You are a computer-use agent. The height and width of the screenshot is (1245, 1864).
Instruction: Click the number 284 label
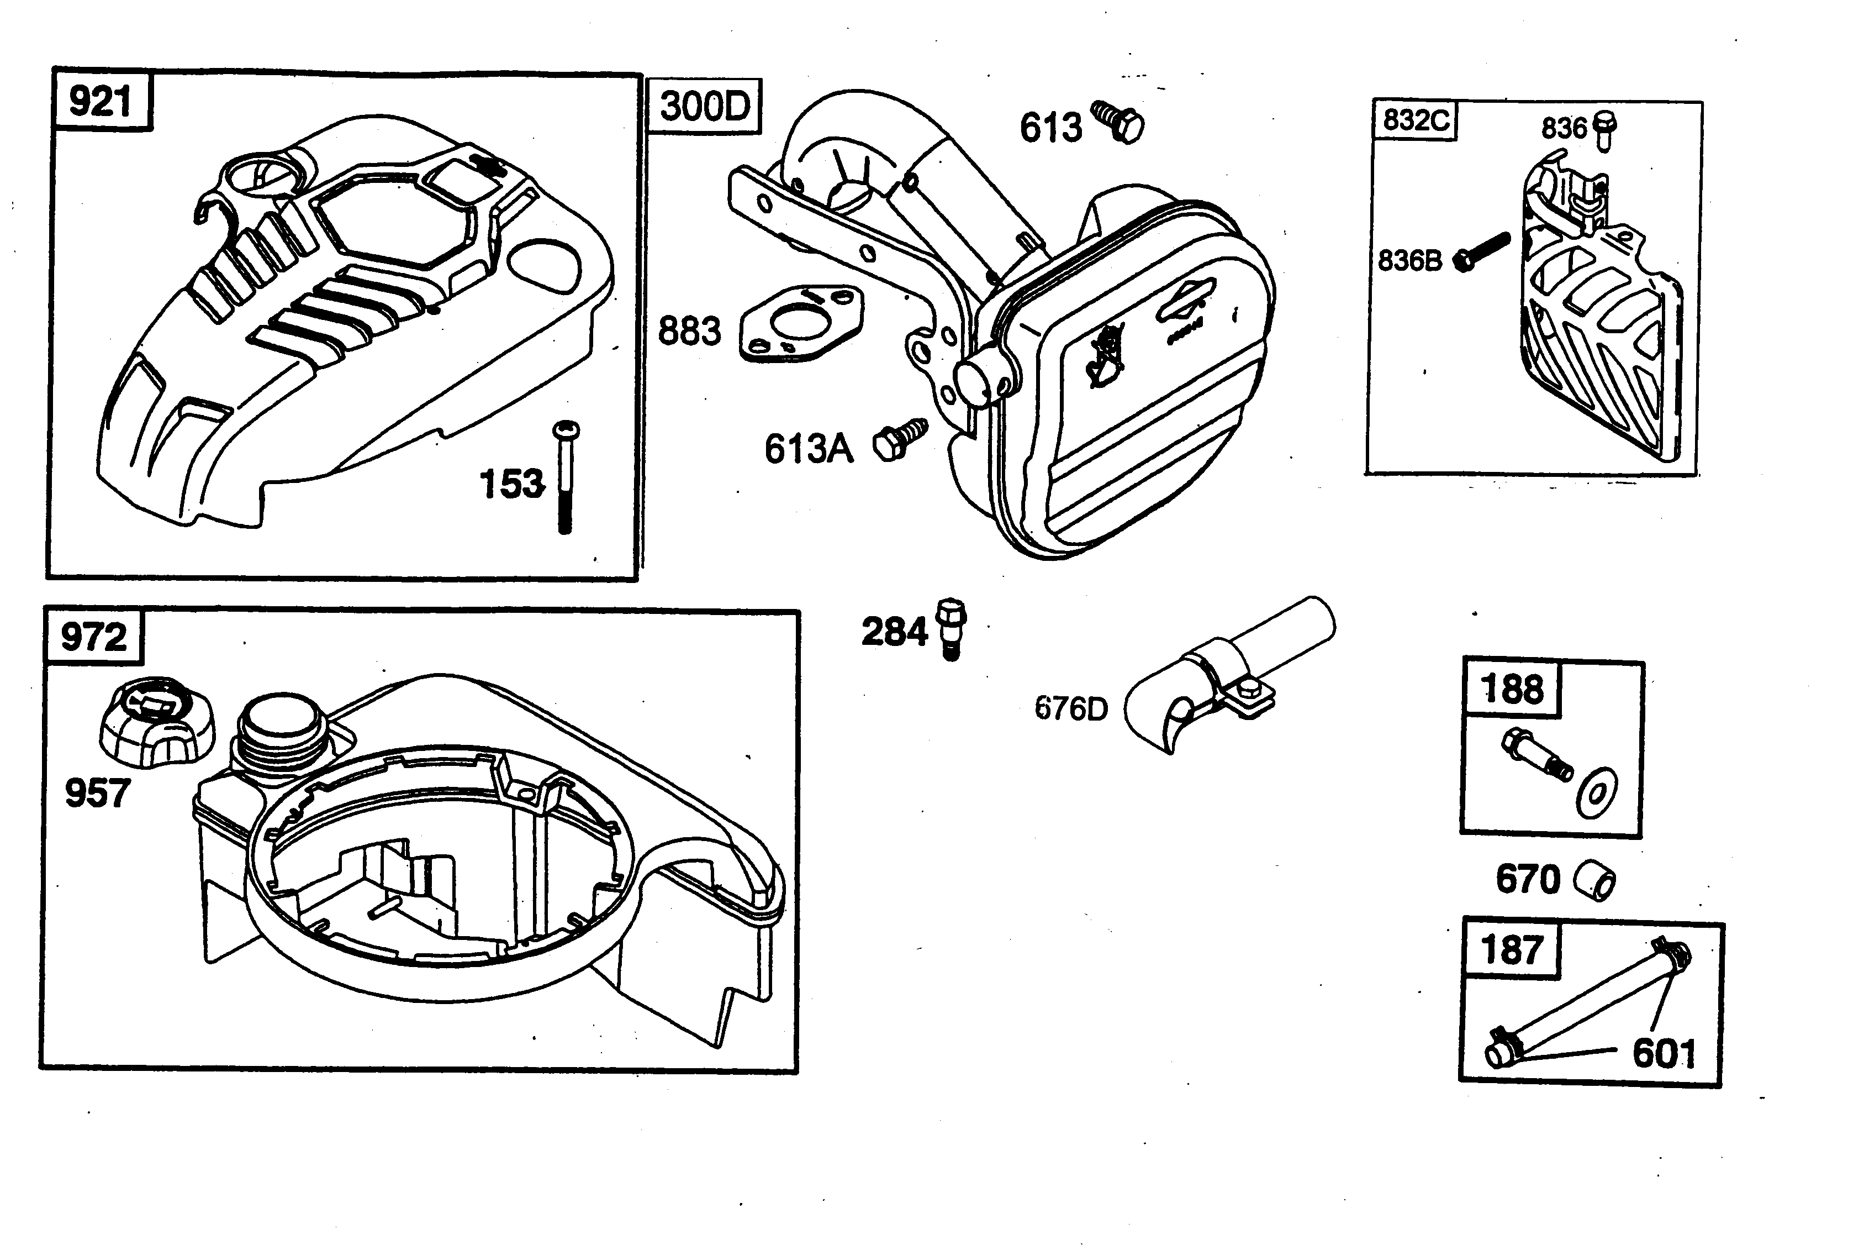tap(894, 633)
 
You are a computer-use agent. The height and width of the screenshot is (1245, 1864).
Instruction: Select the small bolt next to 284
tap(951, 628)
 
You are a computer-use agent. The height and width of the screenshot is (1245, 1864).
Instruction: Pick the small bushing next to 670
tap(1594, 880)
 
